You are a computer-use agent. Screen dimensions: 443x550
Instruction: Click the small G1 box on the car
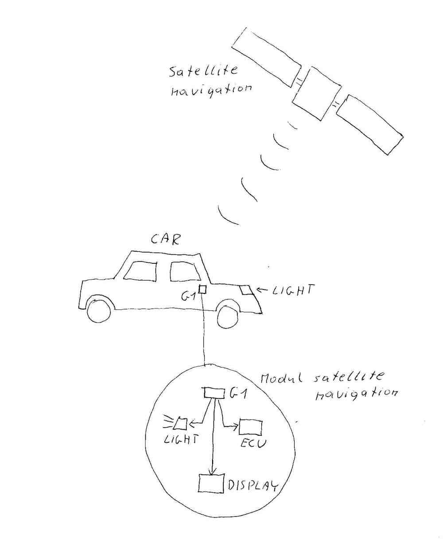(202, 290)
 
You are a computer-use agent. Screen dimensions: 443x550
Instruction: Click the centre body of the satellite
(315, 94)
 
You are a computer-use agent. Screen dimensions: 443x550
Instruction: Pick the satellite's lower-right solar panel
(369, 125)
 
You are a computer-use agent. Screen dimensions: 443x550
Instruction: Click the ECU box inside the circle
(250, 428)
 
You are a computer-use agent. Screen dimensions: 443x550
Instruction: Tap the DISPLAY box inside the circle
(211, 484)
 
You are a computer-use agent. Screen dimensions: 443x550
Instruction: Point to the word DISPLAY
(253, 486)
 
